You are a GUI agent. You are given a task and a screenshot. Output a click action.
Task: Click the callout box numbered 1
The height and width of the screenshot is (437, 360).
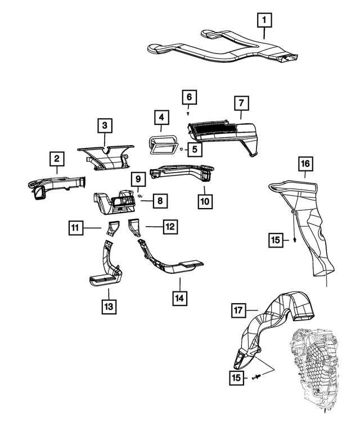point(264,20)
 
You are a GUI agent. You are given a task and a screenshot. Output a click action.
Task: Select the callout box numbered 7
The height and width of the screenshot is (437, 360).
point(241,103)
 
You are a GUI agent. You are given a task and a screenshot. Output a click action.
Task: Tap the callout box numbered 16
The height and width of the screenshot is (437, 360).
point(305,163)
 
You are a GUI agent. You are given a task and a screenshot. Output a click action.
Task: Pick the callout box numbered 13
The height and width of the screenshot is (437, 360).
point(109,307)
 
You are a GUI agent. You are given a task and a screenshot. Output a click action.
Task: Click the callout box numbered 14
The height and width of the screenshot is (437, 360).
point(180,298)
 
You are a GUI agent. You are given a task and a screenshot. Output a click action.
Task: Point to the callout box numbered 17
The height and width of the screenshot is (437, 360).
point(238,310)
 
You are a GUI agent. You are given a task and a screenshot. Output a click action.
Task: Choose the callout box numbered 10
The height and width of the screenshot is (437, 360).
point(205,201)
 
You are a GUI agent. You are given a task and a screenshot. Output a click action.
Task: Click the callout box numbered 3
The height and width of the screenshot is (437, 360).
point(105,125)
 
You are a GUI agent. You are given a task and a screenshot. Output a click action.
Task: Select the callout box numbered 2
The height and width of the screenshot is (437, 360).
point(57,159)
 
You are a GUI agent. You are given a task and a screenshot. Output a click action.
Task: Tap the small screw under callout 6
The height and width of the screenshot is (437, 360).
point(188,114)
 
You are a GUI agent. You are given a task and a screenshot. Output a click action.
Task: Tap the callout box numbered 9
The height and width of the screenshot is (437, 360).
point(138,179)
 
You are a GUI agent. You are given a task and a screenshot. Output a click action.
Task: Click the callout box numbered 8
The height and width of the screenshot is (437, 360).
point(160,201)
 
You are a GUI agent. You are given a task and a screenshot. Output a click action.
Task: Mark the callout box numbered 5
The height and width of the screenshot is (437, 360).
point(195,149)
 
